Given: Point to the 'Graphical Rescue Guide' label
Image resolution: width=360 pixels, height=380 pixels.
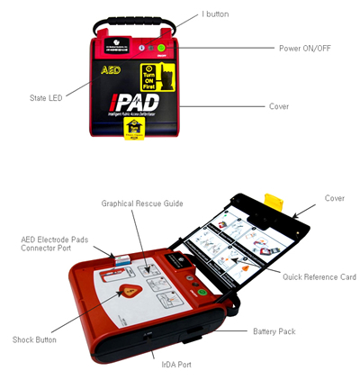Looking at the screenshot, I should click(143, 204).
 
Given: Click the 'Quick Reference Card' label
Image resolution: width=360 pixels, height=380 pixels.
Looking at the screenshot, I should click(319, 276).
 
